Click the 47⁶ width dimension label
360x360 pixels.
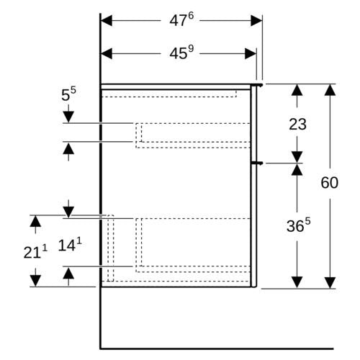(181, 19)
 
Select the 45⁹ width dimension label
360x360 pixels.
(181, 53)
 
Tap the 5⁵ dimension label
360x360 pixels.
(68, 94)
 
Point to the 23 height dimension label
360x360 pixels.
(297, 125)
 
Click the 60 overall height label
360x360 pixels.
(330, 182)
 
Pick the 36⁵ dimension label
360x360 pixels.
(298, 225)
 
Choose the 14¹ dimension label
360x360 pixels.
(70, 245)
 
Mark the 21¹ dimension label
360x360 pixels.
(35, 252)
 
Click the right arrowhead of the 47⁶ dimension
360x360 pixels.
(256, 21)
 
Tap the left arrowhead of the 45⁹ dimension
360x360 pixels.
(107, 53)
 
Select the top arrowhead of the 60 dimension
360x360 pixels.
(330, 90)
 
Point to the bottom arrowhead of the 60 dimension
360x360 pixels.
(330, 282)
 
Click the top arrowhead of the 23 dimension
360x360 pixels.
(297, 90)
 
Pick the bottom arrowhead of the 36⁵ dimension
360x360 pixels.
(297, 282)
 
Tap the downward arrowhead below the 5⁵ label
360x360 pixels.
(68, 117)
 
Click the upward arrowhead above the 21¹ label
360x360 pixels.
(35, 221)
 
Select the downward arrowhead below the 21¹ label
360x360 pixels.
(35, 281)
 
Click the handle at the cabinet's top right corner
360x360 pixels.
(257, 85)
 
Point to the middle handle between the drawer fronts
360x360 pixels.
(257, 163)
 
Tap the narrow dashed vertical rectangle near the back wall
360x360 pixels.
(110, 248)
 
